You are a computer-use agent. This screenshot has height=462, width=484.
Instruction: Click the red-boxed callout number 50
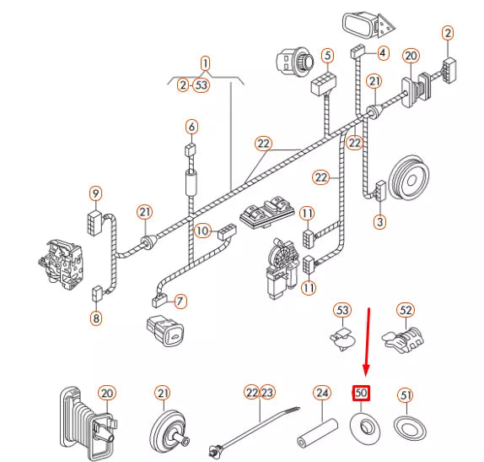361,393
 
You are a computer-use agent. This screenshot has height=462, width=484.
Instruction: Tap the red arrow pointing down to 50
368,342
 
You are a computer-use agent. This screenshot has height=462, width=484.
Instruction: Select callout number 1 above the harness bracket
205,64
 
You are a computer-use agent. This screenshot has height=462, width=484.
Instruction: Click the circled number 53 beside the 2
202,84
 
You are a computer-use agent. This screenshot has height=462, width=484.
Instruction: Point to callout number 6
191,127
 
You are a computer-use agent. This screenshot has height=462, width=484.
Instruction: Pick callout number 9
95,193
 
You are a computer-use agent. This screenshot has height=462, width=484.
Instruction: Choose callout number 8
96,318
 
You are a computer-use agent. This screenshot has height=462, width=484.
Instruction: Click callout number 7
180,301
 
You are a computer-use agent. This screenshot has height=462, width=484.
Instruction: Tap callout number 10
203,231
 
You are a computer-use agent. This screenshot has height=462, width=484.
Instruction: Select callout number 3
379,222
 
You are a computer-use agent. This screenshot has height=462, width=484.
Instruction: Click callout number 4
383,53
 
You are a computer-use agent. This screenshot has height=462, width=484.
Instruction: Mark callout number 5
327,56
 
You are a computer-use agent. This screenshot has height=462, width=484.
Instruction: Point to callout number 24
322,393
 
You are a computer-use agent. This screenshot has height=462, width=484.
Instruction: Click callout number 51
406,395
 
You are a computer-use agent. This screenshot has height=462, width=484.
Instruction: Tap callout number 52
406,310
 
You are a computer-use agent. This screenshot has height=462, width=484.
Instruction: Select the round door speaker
409,178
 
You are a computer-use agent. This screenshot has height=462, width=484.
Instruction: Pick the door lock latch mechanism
61,264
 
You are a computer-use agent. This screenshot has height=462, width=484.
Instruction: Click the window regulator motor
282,269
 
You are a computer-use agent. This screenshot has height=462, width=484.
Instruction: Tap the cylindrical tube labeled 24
317,432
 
